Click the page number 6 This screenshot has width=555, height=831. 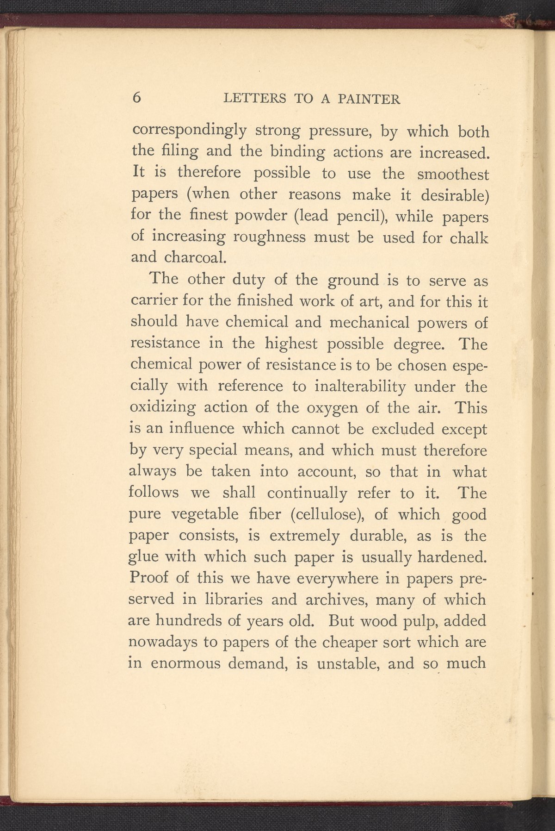click(136, 98)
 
